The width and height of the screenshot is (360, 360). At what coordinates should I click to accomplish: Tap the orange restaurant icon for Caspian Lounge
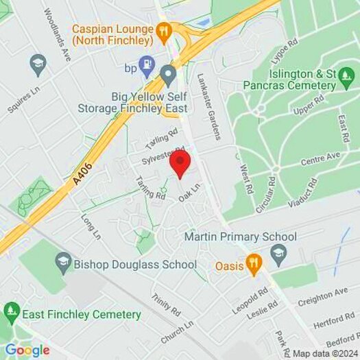pos(163,30)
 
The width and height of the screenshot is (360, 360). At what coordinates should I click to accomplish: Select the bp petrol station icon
pos(146,67)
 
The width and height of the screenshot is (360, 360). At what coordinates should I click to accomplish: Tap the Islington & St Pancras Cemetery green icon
pos(347,85)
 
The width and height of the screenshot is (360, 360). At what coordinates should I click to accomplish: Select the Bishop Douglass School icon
pos(64,261)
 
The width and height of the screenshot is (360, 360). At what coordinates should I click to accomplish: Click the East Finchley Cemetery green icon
pos(11,314)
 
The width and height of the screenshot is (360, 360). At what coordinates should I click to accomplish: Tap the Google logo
pos(27,350)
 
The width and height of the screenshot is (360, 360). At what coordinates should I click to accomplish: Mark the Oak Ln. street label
pos(190,191)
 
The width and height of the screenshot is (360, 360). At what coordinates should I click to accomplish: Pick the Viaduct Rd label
pos(304,193)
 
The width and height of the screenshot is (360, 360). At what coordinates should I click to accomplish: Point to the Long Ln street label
pos(91,226)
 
